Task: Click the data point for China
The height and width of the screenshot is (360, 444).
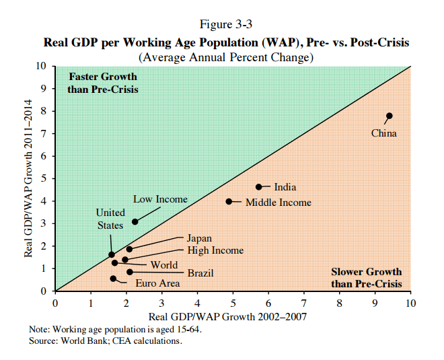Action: point(389,116)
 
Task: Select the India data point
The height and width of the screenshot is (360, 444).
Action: point(259,186)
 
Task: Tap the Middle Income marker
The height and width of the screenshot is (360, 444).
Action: point(229,201)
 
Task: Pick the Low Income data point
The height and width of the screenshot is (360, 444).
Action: point(135,221)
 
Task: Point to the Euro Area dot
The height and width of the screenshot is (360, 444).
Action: point(113,278)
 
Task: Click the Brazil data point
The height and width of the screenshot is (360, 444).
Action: point(130,272)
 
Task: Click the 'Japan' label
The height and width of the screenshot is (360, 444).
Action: point(199,238)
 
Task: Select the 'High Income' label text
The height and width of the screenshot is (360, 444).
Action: point(215,250)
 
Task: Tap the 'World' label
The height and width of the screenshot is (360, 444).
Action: point(164,265)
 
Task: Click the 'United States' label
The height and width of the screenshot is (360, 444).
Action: point(110,219)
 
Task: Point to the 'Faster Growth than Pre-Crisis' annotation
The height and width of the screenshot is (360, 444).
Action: point(103,83)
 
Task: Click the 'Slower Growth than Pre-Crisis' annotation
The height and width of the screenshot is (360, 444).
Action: point(367,278)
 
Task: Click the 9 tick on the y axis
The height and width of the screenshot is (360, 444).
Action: point(44,88)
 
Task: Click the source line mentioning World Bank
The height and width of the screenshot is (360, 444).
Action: point(106,340)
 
